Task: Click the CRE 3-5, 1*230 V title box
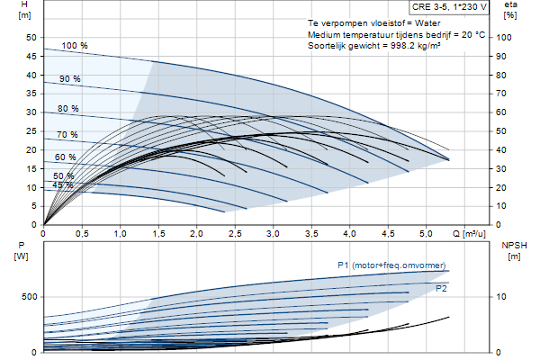(x=449, y=7)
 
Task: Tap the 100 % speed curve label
(x=75, y=46)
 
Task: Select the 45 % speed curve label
(x=63, y=185)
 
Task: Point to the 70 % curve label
(x=67, y=135)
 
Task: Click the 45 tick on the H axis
(x=31, y=56)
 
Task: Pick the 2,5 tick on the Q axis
(x=235, y=234)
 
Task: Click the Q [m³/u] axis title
(x=469, y=234)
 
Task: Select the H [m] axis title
(x=24, y=10)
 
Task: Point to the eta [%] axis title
(x=510, y=10)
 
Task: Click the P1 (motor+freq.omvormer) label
(x=391, y=265)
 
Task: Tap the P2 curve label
(x=441, y=288)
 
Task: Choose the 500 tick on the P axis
(x=29, y=297)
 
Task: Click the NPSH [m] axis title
(x=514, y=251)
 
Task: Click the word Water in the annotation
(x=427, y=23)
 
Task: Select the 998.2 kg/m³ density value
(x=415, y=46)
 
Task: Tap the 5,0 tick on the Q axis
(x=426, y=234)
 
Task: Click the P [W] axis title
(x=22, y=251)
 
